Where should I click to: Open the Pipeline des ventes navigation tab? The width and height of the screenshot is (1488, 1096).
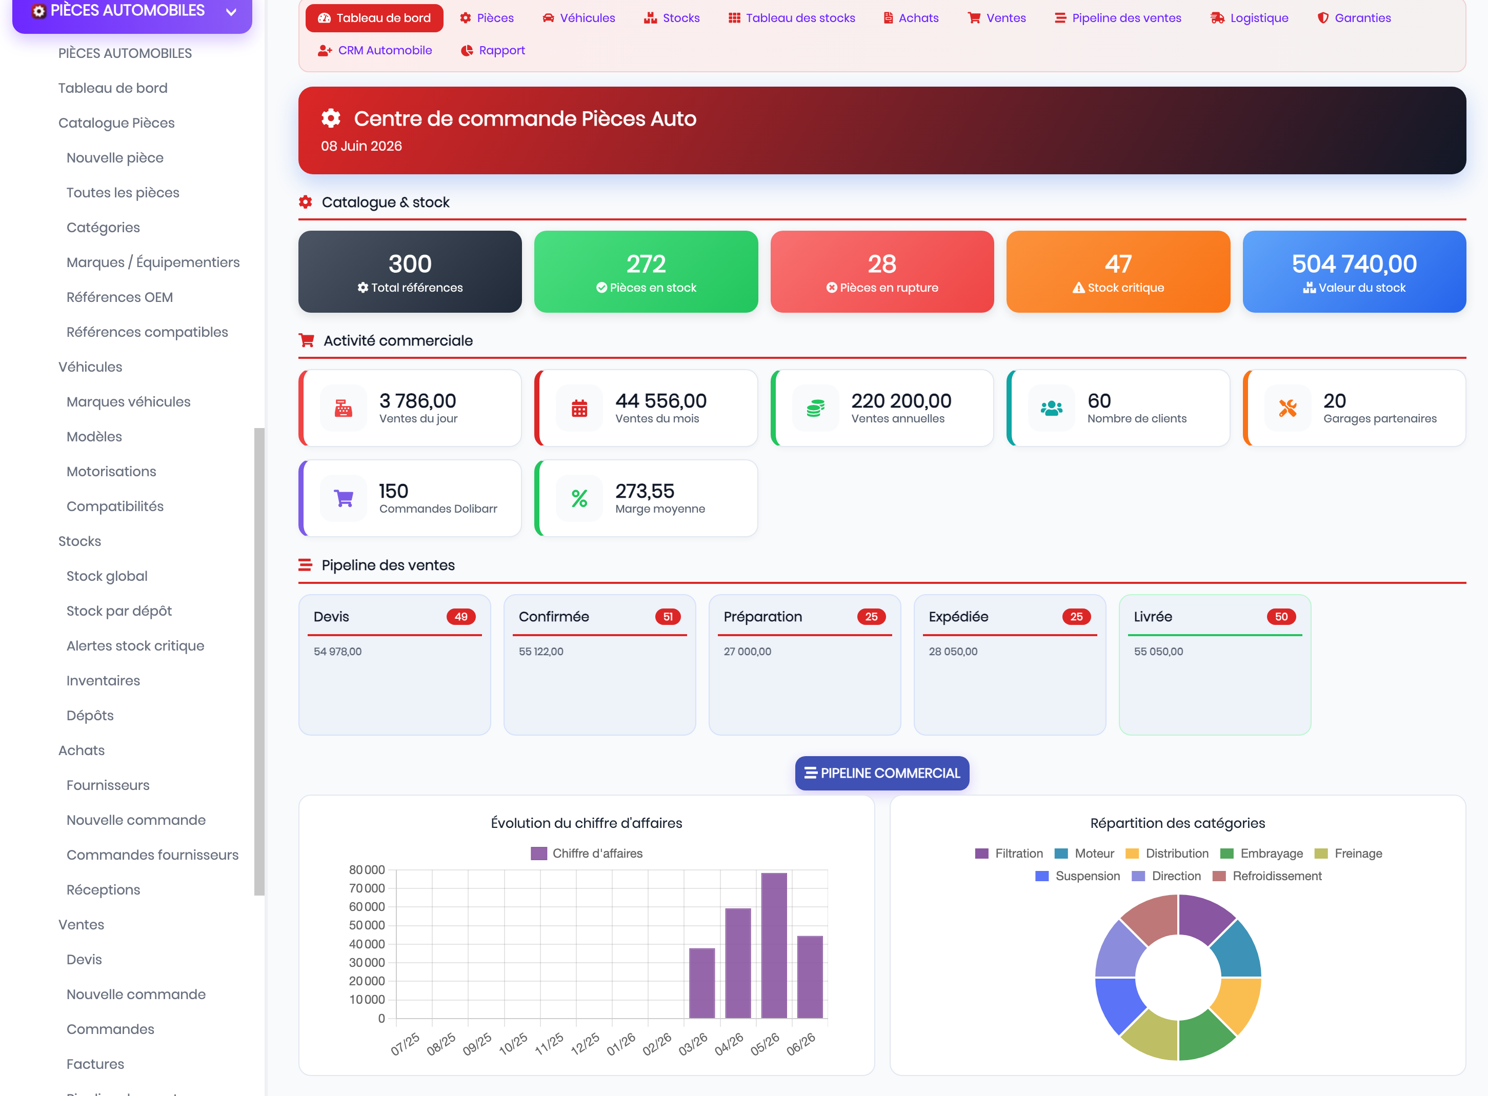pyautogui.click(x=1118, y=18)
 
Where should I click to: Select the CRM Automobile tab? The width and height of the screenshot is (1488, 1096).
pyautogui.click(x=375, y=50)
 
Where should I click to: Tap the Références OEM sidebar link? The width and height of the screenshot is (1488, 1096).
pyautogui.click(x=119, y=297)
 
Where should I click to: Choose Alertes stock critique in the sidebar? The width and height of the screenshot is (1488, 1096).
pyautogui.click(x=135, y=645)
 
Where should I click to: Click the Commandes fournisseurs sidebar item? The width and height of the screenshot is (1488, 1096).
pyautogui.click(x=153, y=855)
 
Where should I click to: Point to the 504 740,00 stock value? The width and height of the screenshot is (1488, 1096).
pyautogui.click(x=1354, y=264)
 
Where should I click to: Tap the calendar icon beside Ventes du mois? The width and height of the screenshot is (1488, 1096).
pyautogui.click(x=579, y=408)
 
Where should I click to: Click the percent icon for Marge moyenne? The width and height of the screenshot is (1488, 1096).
pyautogui.click(x=579, y=498)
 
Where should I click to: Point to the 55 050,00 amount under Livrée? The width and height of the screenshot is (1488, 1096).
pyautogui.click(x=1158, y=652)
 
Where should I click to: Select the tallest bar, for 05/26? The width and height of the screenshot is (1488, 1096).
pyautogui.click(x=774, y=945)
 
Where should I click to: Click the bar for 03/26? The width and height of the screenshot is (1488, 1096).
pyautogui.click(x=702, y=983)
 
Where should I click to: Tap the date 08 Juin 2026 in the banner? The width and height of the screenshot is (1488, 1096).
pyautogui.click(x=361, y=146)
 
